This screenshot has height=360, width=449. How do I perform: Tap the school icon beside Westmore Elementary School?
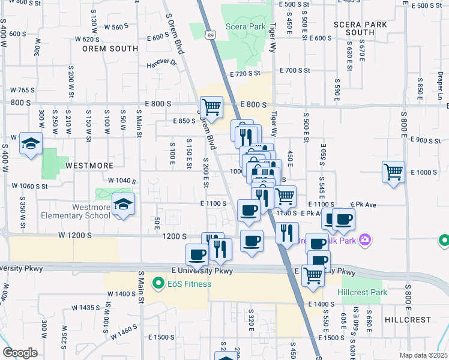[123, 205]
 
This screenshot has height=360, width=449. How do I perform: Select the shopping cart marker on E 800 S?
[211, 107]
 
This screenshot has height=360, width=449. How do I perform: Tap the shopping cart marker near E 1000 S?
[393, 172]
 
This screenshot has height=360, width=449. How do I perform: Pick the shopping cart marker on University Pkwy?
[313, 275]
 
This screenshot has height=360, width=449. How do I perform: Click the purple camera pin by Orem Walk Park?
[366, 241]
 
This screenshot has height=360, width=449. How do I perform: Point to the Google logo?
[20, 353]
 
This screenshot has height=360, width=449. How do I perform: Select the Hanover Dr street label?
[162, 62]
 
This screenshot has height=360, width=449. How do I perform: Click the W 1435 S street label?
[85, 307]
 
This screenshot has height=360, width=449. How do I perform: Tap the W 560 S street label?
[116, 27]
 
